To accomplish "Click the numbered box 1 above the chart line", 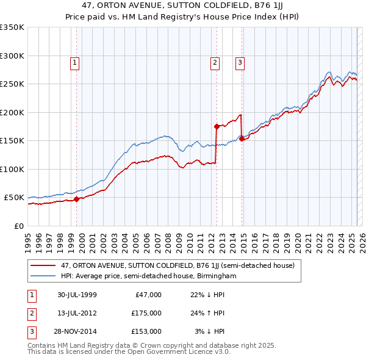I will point(74,62).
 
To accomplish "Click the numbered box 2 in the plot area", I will point(215,62).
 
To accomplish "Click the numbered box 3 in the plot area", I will point(240,62).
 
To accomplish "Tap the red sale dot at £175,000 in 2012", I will point(217,127).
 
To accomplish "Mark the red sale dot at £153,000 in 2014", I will point(242,139).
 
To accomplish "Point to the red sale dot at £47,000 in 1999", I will point(77,199).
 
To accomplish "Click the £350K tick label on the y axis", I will point(12,27).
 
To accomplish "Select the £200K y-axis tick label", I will point(12,112).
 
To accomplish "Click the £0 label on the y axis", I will point(18,226).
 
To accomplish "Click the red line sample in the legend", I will point(43,265).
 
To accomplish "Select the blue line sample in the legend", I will point(43,276).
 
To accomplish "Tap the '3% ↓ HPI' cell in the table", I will point(209,331).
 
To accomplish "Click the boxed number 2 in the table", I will point(30,313).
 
